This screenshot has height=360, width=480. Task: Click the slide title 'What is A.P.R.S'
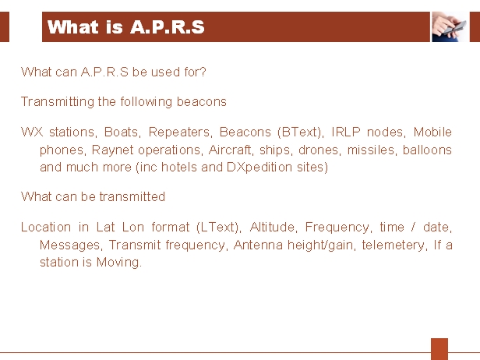coord(125,27)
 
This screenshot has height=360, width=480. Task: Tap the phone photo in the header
coord(450,26)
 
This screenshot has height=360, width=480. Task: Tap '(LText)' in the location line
coord(218,228)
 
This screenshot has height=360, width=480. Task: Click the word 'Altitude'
coord(273,228)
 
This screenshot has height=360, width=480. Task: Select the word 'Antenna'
coord(258,245)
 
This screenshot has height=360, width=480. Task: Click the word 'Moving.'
coord(119,263)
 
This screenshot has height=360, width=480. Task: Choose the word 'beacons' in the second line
coord(201,101)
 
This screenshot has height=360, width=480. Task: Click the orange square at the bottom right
coord(439,349)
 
